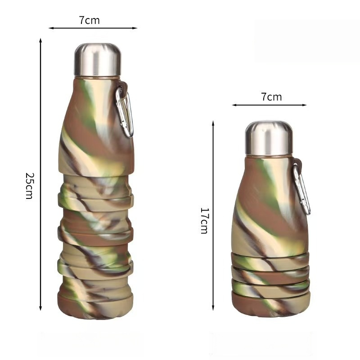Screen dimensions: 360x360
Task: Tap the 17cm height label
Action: (x=204, y=220)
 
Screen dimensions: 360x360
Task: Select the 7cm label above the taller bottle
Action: (x=89, y=20)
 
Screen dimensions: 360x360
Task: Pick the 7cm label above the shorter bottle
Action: (x=271, y=97)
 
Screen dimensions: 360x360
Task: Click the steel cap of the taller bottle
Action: (x=98, y=60)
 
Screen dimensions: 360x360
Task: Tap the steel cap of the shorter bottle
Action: (x=269, y=138)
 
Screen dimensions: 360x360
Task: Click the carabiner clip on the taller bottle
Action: (x=125, y=111)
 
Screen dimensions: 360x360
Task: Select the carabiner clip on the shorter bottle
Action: (x=301, y=188)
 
